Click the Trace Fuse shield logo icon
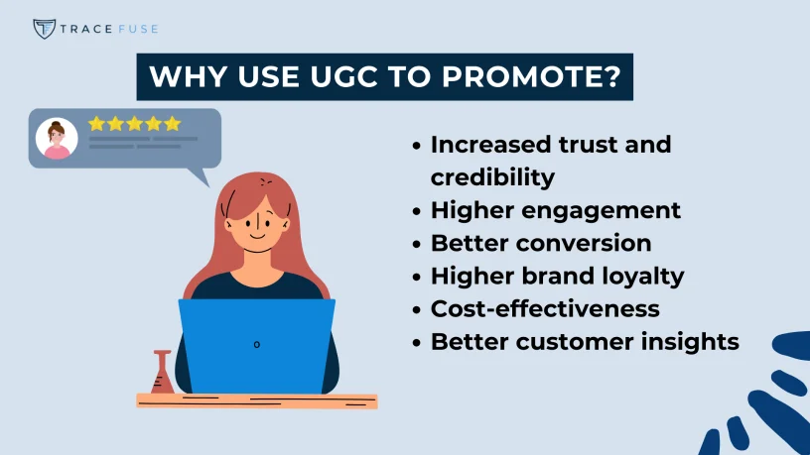point(44,28)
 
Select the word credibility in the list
point(492,176)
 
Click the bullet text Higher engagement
point(555,210)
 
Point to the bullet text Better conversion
point(541,243)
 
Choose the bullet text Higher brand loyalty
point(557,276)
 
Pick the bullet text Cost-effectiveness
point(545,308)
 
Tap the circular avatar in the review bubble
point(57,139)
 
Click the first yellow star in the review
point(96,124)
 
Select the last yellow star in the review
point(173,124)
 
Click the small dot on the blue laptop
point(256,344)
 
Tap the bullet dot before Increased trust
point(417,145)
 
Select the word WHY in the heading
point(180,76)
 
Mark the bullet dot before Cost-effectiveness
point(417,308)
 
